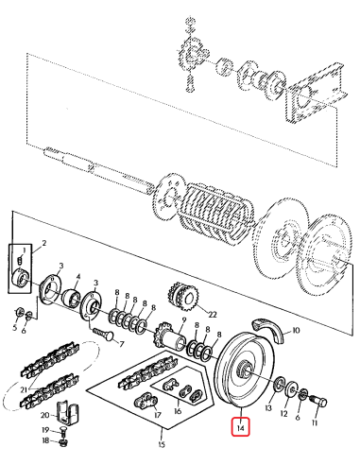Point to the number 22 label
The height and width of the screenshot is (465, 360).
point(213,314)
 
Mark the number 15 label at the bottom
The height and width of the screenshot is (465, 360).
point(162,443)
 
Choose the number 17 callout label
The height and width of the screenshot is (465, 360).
point(159,413)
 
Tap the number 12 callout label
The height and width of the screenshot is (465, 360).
point(285,413)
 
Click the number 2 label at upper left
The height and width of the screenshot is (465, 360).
point(43,244)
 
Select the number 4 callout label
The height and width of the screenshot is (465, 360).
point(78,279)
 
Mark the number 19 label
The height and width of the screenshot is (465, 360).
point(44,430)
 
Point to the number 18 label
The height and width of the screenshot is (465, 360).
point(44,440)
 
